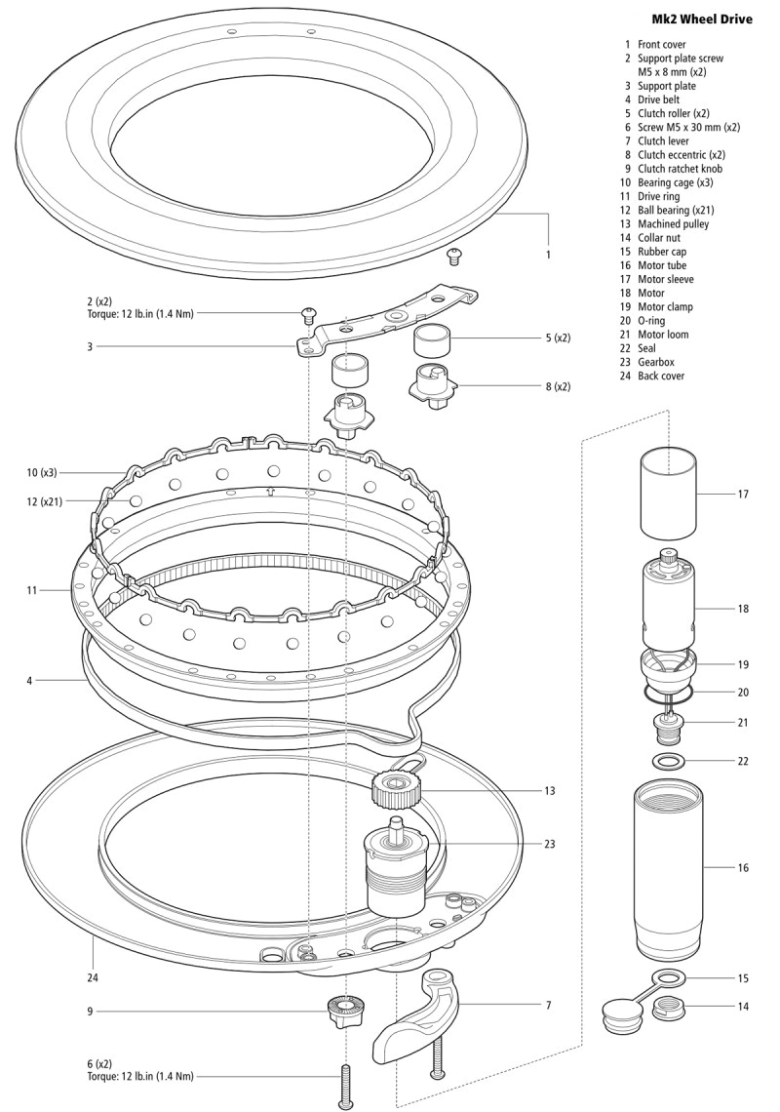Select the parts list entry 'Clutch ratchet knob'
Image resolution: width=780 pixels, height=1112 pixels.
pyautogui.click(x=680, y=169)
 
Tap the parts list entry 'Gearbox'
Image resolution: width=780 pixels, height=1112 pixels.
pyautogui.click(x=658, y=362)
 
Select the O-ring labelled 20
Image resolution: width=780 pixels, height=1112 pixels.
pyautogui.click(x=669, y=693)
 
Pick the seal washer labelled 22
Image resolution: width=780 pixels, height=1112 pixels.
pyautogui.click(x=669, y=761)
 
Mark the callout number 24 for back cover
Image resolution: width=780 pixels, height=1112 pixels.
pyautogui.click(x=93, y=976)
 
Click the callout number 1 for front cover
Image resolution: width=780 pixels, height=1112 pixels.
pyautogui.click(x=549, y=255)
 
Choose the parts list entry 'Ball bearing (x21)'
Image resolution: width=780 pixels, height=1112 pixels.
pyautogui.click(x=674, y=210)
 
